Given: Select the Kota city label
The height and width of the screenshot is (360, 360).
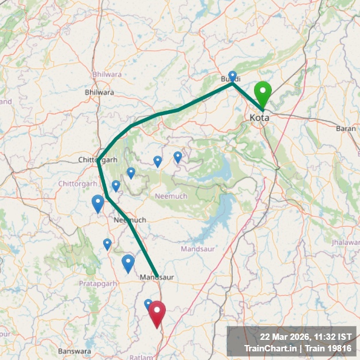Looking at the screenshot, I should [x=259, y=118].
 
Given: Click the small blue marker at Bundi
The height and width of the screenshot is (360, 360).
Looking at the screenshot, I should [x=233, y=76].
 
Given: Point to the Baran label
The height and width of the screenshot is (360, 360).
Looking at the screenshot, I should [x=347, y=128].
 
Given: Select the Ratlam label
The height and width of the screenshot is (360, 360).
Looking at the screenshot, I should [x=141, y=357].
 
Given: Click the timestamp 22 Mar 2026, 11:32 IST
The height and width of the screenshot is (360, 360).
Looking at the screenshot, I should [x=306, y=336].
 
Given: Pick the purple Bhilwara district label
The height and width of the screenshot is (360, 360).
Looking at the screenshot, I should [x=107, y=74].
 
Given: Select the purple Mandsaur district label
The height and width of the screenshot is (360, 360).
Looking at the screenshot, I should [x=197, y=249].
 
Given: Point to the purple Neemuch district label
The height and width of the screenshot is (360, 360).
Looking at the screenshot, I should [x=171, y=196].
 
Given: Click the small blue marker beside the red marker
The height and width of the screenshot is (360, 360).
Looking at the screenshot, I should [x=148, y=304].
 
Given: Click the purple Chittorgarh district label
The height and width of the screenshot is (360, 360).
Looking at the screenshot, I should [x=78, y=183].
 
